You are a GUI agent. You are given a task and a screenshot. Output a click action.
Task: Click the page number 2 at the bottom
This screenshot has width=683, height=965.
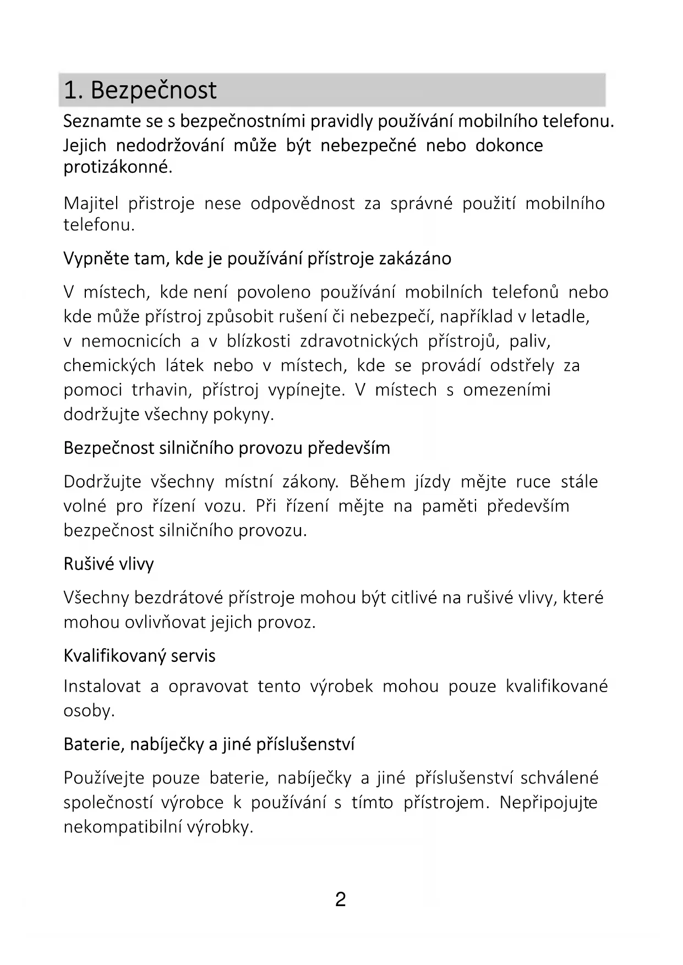340,900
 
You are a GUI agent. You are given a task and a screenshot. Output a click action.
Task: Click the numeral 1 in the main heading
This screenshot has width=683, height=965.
70,90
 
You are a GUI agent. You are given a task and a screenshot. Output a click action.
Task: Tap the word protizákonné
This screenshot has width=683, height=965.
118,167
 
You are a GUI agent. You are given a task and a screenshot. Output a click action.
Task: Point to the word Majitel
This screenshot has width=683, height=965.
91,204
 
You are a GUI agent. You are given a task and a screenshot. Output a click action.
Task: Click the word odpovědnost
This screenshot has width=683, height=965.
302,204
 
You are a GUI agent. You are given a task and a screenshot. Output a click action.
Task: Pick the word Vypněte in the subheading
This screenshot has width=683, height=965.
96,259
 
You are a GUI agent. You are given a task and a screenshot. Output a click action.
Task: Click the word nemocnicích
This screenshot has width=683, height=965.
131,341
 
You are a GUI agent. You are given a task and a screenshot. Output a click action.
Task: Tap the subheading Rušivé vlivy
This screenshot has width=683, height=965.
109,564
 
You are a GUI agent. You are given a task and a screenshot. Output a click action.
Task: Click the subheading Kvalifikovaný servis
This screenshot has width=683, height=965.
139,656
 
